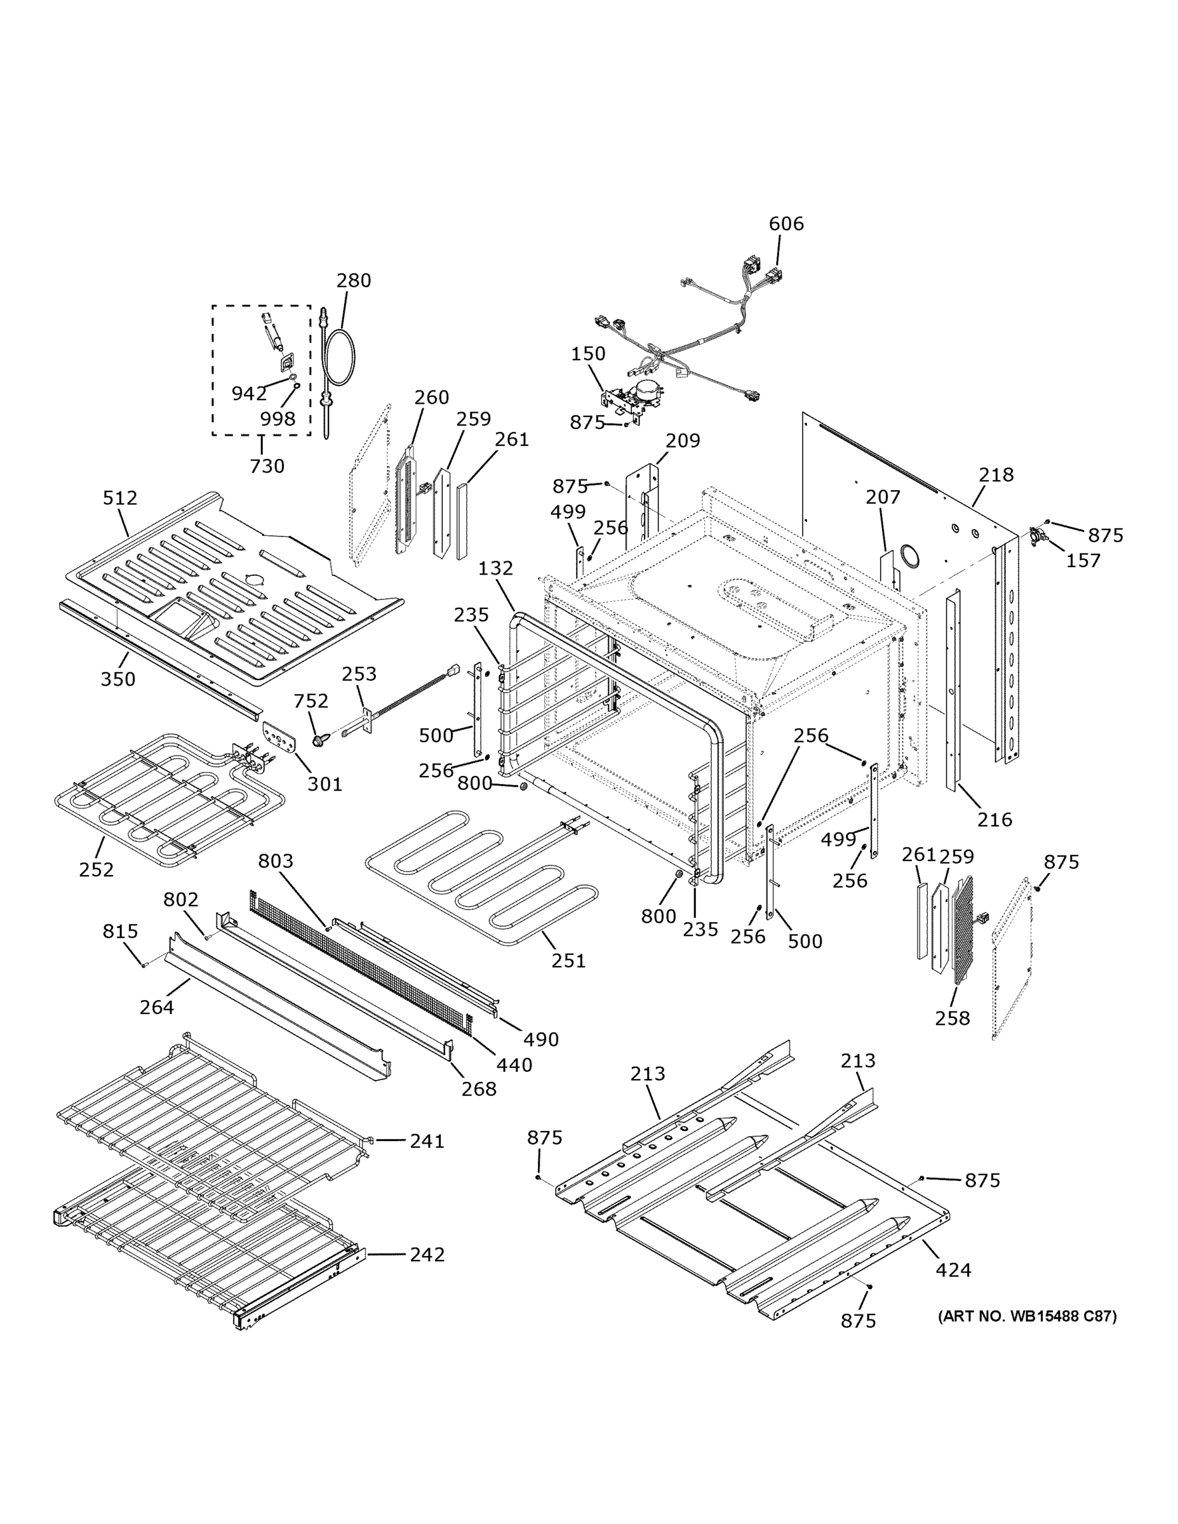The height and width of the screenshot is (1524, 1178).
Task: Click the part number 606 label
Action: [786, 224]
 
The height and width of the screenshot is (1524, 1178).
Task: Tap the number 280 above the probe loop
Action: [353, 281]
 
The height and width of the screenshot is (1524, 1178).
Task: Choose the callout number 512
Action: [120, 498]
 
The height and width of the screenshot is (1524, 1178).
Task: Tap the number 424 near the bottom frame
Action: [953, 1270]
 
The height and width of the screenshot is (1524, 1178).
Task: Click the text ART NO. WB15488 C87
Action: [1027, 1317]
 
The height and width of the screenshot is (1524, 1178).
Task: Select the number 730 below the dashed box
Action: [267, 466]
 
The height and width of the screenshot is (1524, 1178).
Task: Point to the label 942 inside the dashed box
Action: [249, 394]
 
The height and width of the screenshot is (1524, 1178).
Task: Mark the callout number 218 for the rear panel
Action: [995, 475]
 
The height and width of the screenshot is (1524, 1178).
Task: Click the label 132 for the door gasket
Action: [495, 569]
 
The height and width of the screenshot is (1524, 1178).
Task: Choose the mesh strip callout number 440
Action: [514, 1065]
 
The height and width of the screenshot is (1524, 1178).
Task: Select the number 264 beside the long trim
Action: [156, 1007]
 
